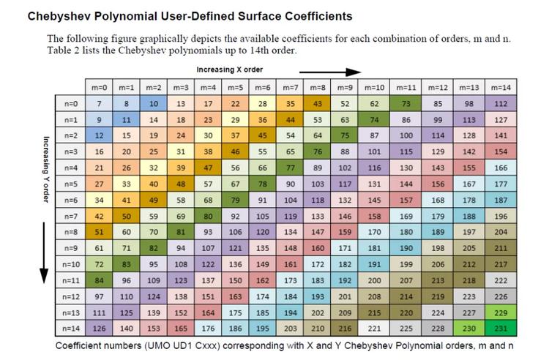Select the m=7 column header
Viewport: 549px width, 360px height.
tap(291, 87)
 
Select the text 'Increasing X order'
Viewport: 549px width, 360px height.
tap(229, 70)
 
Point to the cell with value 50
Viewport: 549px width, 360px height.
tap(126, 216)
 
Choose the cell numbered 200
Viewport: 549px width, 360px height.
tap(374, 280)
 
